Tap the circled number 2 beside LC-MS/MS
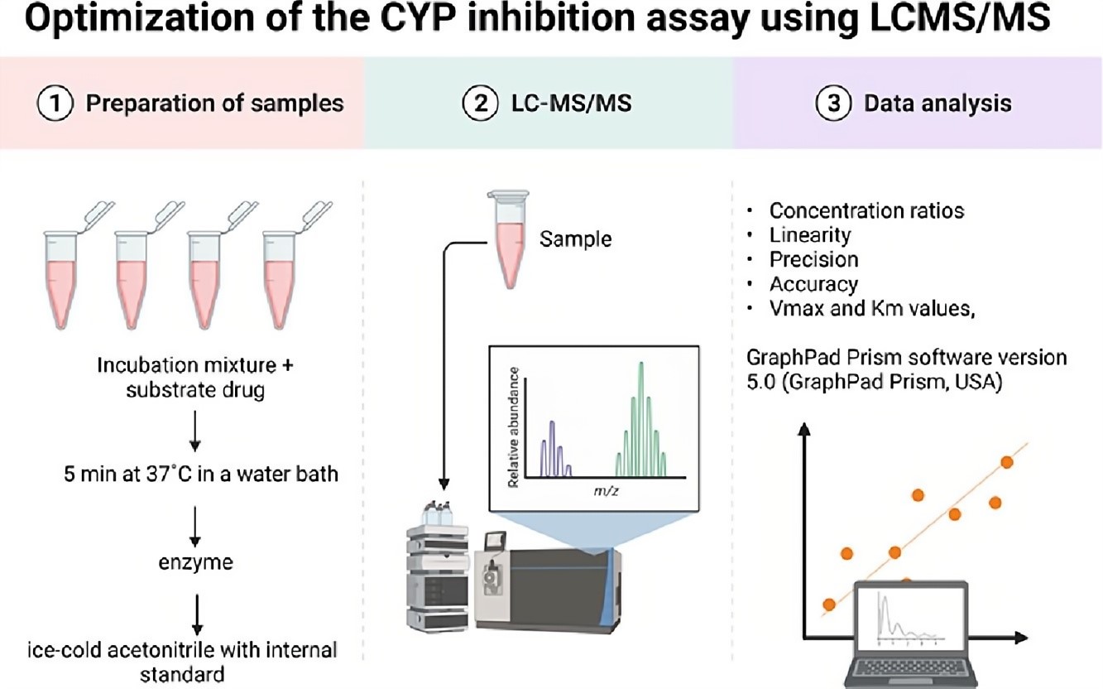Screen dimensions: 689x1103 click(476, 104)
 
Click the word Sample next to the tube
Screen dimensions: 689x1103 click(575, 239)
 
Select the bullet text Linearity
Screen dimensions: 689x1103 click(809, 235)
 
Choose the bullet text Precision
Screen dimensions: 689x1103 click(813, 259)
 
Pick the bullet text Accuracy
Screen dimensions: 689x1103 click(813, 284)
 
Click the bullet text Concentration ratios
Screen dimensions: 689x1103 click(866, 210)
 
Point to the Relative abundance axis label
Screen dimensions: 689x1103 click(515, 425)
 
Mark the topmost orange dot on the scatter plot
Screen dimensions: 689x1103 click(1006, 462)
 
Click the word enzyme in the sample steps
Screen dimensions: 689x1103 click(196, 563)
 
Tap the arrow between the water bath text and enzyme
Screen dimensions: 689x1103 click(196, 521)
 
